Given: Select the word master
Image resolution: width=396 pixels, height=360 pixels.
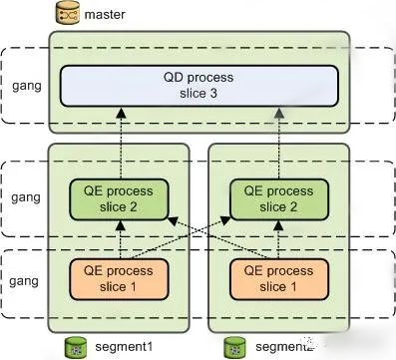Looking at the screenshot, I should point(105,15).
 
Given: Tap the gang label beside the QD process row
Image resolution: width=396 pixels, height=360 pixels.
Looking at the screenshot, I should point(23,84).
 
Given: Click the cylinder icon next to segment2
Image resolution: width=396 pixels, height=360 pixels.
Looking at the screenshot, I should point(233,345).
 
